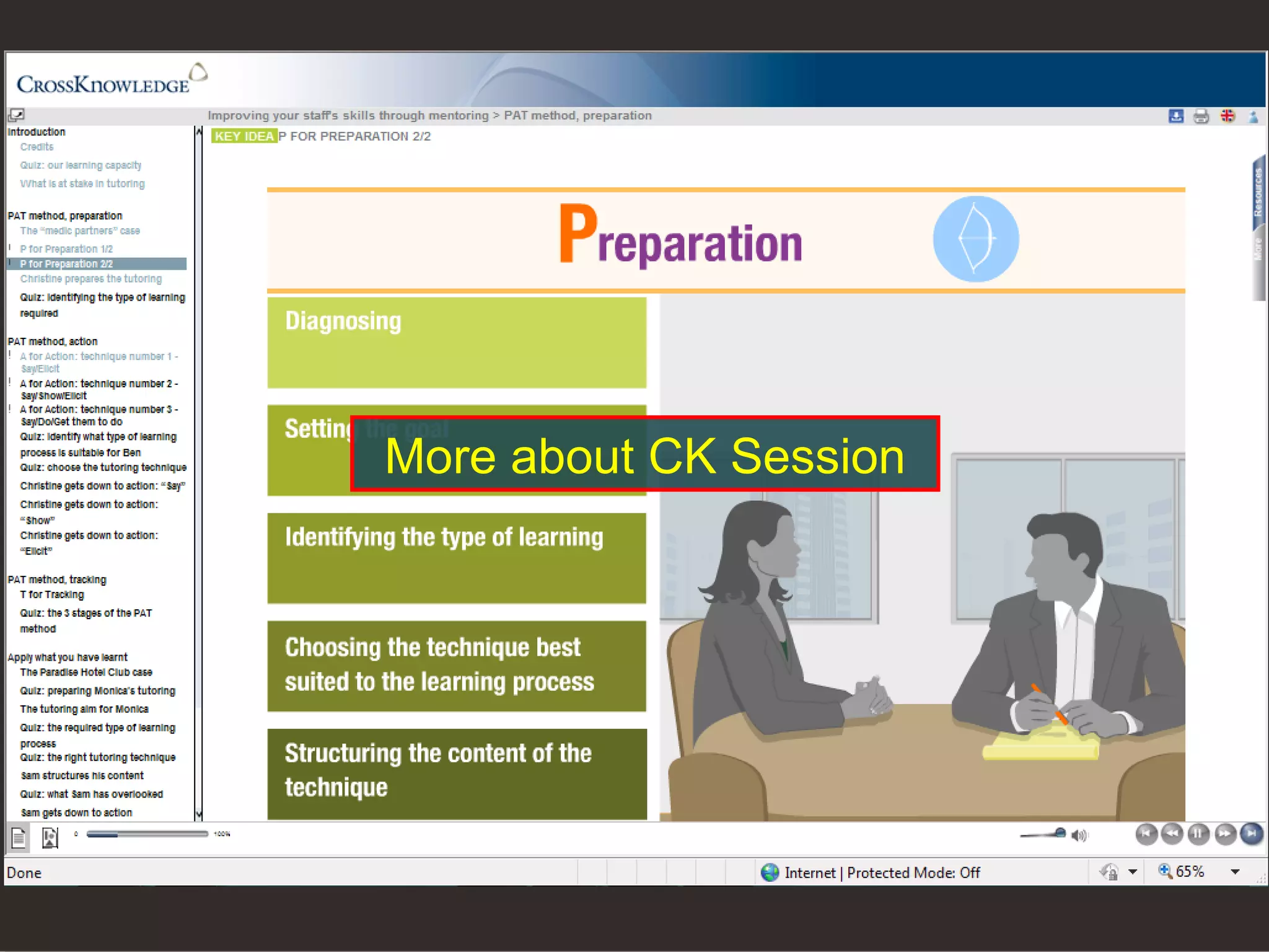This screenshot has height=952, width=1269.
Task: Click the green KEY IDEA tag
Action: click(244, 136)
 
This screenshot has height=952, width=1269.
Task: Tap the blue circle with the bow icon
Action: click(975, 239)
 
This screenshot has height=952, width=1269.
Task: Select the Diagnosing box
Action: click(457, 343)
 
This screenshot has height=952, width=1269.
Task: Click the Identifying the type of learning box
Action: click(457, 558)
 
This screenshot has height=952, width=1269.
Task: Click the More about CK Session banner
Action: click(644, 454)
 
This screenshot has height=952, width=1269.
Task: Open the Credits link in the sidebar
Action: click(37, 147)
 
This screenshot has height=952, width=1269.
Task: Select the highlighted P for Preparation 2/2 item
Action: click(66, 264)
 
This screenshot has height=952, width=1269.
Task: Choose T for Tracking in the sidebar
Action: click(52, 594)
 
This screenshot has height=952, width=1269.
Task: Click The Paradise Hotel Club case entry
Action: click(86, 672)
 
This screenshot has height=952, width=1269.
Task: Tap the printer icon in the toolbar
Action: click(1201, 116)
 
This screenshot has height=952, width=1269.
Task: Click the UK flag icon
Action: click(1227, 116)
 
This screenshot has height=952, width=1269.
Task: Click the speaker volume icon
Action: click(1079, 835)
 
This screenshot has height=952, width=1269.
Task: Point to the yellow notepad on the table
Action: click(1041, 746)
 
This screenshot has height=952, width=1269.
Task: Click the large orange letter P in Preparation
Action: click(577, 234)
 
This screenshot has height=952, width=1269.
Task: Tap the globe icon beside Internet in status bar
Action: click(770, 873)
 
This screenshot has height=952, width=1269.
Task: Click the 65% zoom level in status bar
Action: click(1189, 872)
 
